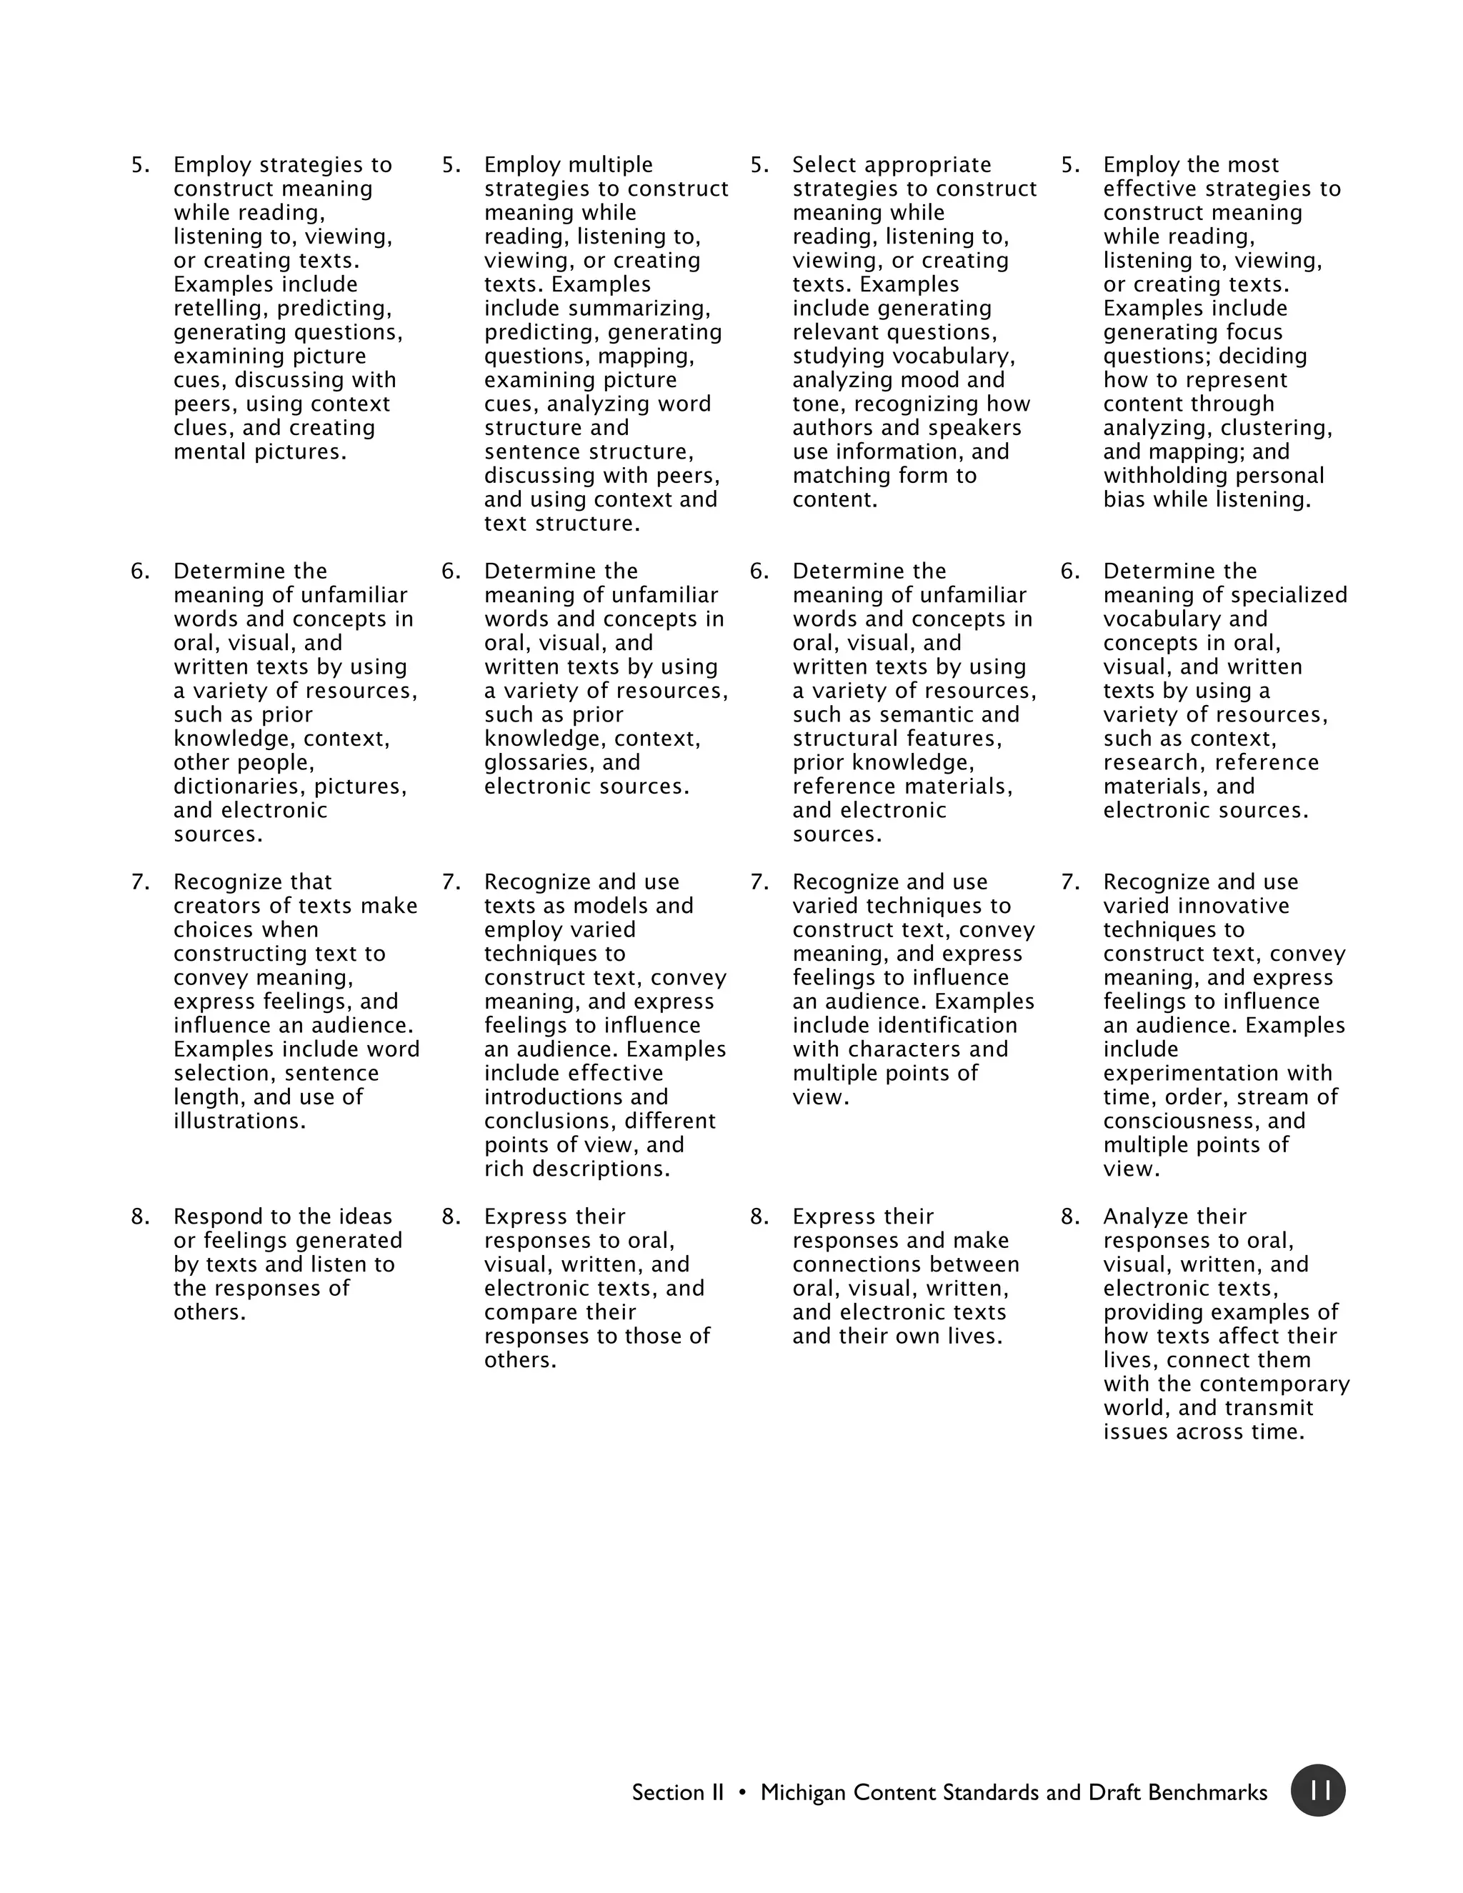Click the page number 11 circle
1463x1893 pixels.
click(x=1317, y=1791)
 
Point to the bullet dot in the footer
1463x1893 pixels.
click(x=742, y=1792)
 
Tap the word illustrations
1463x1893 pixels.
click(x=239, y=1121)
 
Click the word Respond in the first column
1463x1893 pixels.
click(x=212, y=1217)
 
